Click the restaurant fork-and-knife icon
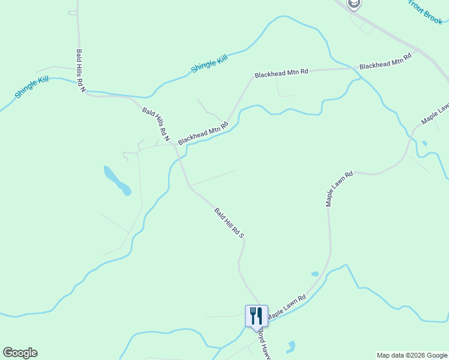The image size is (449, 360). pyautogui.click(x=256, y=315)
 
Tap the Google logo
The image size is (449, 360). pyautogui.click(x=20, y=353)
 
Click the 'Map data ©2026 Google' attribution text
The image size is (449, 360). pyautogui.click(x=412, y=355)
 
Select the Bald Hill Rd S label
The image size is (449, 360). pyautogui.click(x=229, y=223)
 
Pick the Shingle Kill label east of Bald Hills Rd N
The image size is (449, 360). pyautogui.click(x=209, y=62)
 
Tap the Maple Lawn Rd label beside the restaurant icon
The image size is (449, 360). pyautogui.click(x=287, y=307)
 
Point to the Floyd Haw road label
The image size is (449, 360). pyautogui.click(x=265, y=343)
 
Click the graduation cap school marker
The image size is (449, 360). pyautogui.click(x=354, y=4)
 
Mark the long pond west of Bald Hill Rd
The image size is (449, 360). pyautogui.click(x=117, y=181)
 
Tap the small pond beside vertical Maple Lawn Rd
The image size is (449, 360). pyautogui.click(x=315, y=274)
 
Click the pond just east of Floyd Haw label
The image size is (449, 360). pyautogui.click(x=291, y=347)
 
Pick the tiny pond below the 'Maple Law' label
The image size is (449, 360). pyautogui.click(x=424, y=143)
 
